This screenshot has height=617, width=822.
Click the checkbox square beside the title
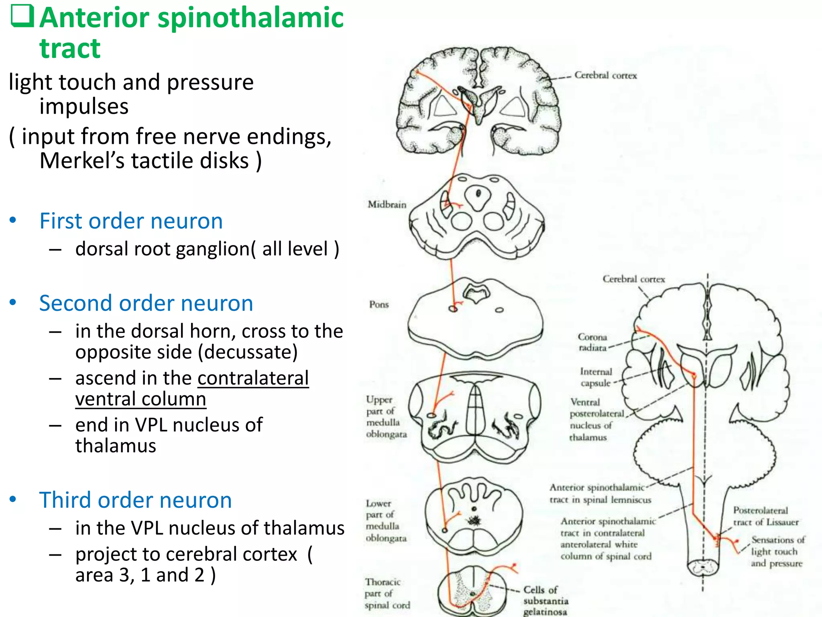pos(22,17)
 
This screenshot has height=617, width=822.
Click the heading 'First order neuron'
pos(131,221)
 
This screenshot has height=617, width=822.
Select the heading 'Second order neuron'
pos(146,303)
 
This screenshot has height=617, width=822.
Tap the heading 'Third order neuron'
pos(135,500)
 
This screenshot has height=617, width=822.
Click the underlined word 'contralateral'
pos(253,378)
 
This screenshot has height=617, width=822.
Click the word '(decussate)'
pos(248,352)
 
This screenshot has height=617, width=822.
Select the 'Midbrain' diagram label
pos(387,205)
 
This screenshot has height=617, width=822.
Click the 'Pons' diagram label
pos(379,304)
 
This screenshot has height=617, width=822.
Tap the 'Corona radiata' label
pos(592,342)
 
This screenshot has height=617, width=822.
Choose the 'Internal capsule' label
pos(596,377)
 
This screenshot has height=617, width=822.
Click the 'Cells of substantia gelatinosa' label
pos(545,601)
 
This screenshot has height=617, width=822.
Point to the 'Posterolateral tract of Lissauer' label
pos(765,516)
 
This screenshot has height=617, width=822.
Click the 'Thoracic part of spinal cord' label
pos(387,594)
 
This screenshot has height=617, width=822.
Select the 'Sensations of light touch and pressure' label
pos(777,552)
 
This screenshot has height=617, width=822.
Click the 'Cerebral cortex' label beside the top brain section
pos(605,76)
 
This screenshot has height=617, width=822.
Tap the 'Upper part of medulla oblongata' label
pos(386,417)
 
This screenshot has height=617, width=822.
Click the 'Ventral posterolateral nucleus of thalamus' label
pos(597,419)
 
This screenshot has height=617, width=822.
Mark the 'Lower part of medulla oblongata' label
pos(386,521)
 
